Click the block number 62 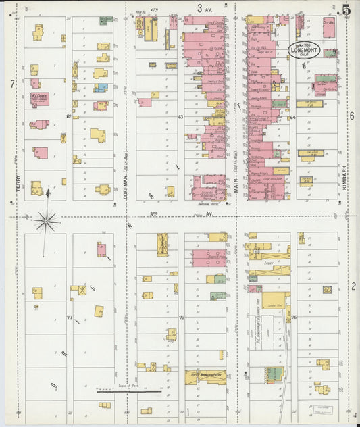click(x=69, y=116)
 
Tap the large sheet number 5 click(x=346, y=9)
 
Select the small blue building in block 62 click(x=100, y=87)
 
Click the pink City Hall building click(x=329, y=29)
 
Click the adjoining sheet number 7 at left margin click(x=11, y=84)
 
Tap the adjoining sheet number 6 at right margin click(x=352, y=116)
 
